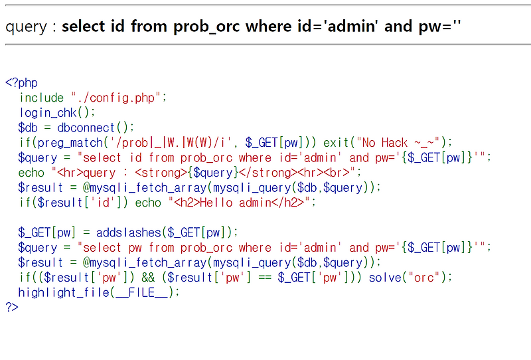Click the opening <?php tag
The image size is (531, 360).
21,83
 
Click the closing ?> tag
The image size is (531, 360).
12,307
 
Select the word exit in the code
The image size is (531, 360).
336,143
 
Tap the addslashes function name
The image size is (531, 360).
128,232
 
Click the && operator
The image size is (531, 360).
148,278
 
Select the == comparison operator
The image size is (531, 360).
264,278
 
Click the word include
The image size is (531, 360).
41,98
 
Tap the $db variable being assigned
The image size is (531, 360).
28,128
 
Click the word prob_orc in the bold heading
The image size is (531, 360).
206,27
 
